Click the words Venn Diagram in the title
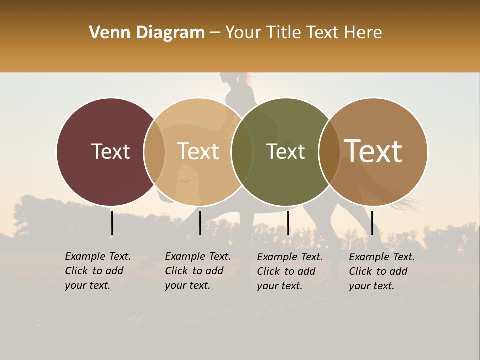pos(147,33)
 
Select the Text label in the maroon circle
pos(110,151)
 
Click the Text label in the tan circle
pos(198,151)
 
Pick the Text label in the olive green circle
pos(285,151)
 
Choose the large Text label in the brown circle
pos(373,151)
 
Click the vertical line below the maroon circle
pos(112,223)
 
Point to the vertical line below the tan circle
pos(200,223)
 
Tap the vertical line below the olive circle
pos(288,223)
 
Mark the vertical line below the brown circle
pos(372,223)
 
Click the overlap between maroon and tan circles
pos(154,151)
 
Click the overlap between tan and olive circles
pos(242,151)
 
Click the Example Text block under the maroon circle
pos(98,271)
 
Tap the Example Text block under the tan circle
pos(198,271)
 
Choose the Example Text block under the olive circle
pos(290,271)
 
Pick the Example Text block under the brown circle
pos(382,271)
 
